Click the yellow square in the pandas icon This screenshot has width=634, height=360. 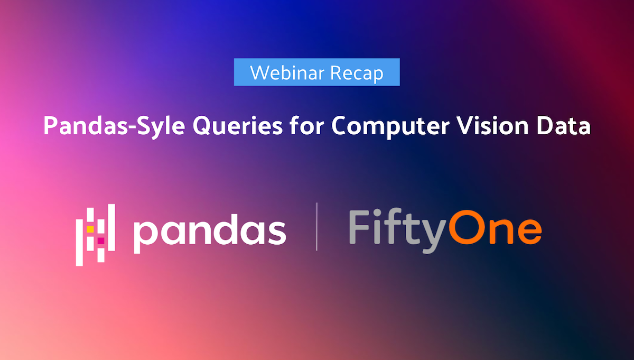90,229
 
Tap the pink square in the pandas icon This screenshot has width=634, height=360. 101,241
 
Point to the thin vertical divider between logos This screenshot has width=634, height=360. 317,226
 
